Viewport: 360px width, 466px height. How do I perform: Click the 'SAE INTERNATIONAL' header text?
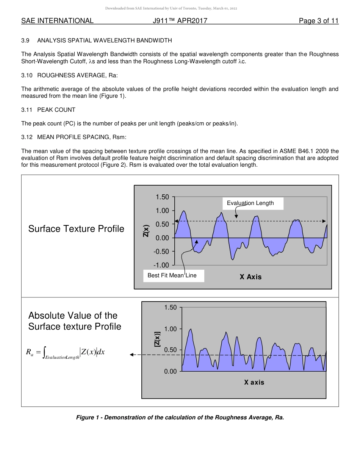[x=57, y=21]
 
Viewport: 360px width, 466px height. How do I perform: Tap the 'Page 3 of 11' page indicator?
[x=318, y=21]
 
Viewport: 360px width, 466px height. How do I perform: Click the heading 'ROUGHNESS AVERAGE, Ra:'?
[x=77, y=75]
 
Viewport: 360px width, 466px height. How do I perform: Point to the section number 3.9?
[x=25, y=40]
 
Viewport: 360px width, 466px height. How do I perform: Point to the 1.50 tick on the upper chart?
[x=162, y=197]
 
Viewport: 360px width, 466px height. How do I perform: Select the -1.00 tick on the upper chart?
[x=161, y=265]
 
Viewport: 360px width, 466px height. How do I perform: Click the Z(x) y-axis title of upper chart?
[x=146, y=231]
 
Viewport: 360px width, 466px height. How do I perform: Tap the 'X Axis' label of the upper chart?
[x=250, y=277]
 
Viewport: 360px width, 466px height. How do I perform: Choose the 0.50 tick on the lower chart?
[x=170, y=350]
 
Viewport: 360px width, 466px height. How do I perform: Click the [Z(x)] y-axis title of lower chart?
[x=157, y=339]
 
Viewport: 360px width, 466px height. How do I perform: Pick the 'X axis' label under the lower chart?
[x=254, y=382]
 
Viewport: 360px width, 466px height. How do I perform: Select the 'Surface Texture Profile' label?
[x=76, y=229]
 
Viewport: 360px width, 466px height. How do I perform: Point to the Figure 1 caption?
[x=180, y=418]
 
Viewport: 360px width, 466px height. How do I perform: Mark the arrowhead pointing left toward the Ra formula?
[x=132, y=355]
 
